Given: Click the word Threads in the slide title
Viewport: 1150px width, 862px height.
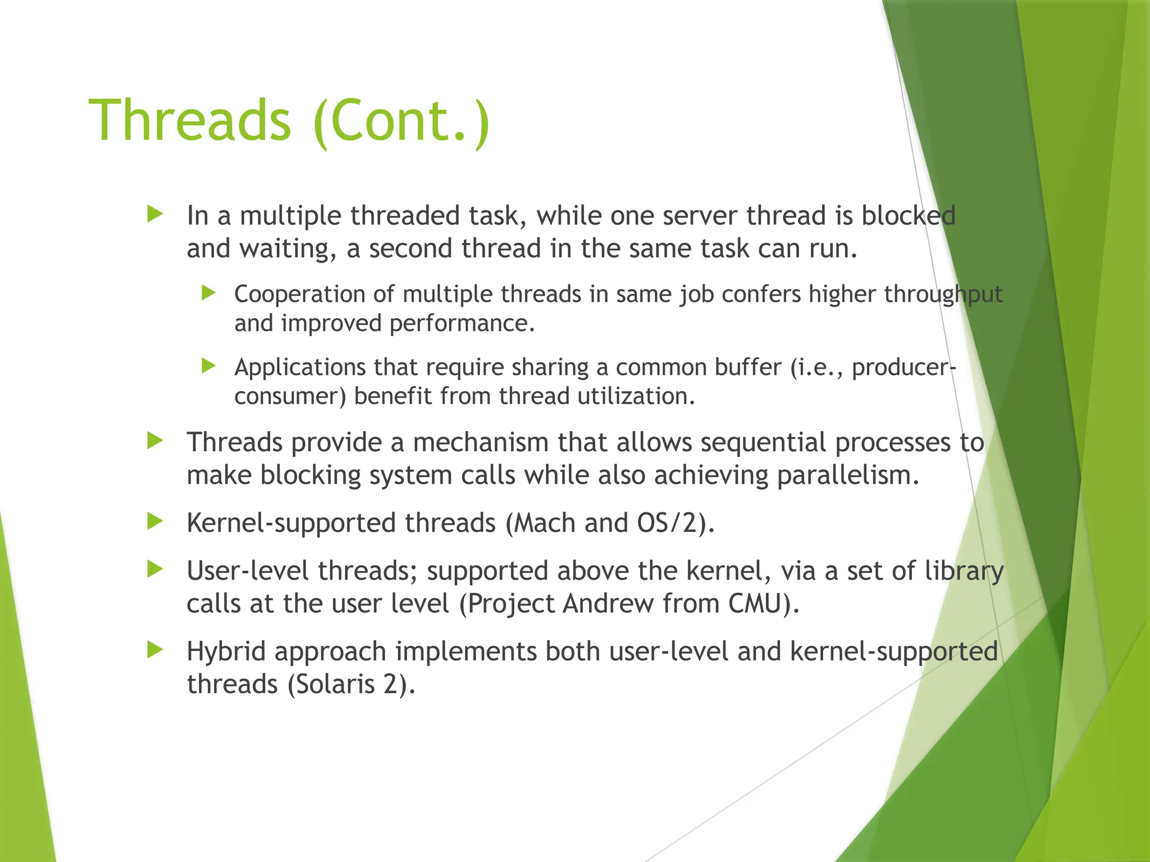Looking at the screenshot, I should [190, 121].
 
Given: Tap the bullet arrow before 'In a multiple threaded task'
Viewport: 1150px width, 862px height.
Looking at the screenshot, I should [154, 214].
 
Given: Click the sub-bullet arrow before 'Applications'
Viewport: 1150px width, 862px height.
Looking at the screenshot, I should [208, 366].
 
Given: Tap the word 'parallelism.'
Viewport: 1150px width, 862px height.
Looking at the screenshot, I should [848, 476].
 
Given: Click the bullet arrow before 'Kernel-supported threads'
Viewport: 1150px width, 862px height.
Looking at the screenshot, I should [154, 521].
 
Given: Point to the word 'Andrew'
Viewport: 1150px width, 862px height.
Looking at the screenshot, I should [608, 604].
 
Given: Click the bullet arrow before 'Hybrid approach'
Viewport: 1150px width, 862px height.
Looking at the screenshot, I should [154, 650].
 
